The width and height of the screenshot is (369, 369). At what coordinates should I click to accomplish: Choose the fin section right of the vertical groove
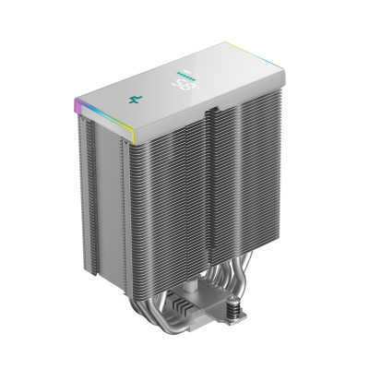coord(245,184)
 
